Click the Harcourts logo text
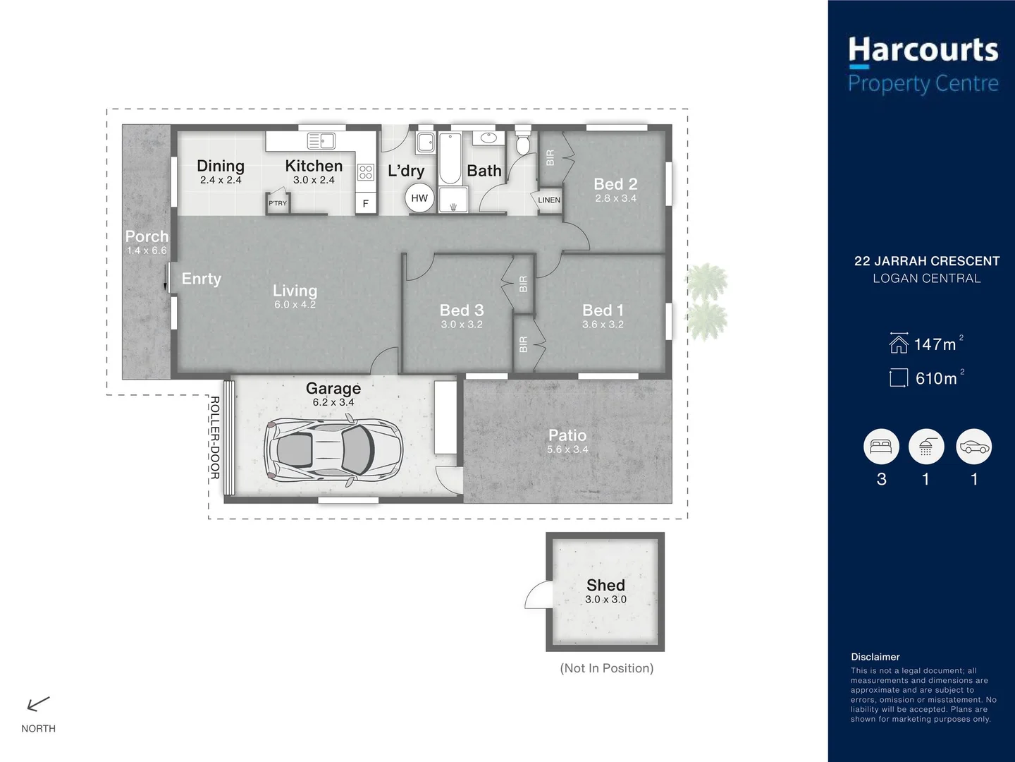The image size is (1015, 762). [x=923, y=51]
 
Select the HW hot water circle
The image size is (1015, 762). [x=419, y=198]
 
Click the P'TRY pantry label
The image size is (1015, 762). [x=278, y=203]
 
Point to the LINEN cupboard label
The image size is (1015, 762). [x=549, y=200]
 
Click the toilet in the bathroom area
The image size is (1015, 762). [x=522, y=143]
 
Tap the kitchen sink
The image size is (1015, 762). [x=321, y=140]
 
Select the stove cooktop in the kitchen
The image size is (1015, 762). [x=365, y=171]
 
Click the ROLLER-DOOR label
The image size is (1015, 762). [x=215, y=437]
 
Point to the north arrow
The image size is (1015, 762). [x=38, y=703]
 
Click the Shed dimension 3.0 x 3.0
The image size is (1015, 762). [x=605, y=599]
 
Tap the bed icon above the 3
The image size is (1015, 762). [x=881, y=447]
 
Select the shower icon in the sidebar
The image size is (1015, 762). [x=925, y=447]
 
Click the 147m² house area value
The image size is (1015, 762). [x=935, y=344]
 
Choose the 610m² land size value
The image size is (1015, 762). [x=937, y=379]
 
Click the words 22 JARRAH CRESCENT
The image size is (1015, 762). [x=926, y=261]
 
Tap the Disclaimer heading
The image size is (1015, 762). [x=875, y=657]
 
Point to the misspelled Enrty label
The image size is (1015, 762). [x=201, y=279]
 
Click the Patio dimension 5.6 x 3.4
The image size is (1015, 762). [x=567, y=449]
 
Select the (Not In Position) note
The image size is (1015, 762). [x=606, y=668]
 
